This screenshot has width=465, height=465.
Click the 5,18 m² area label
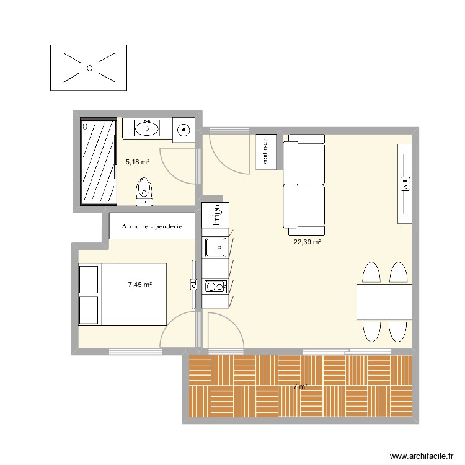[x=138, y=162]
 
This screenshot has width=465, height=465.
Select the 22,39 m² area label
[x=308, y=242]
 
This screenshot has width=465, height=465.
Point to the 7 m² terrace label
[x=300, y=387]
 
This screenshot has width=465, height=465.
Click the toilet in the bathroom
[x=144, y=190]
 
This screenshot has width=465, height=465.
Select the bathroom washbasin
[x=148, y=128]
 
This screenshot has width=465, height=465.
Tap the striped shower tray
[x=99, y=161]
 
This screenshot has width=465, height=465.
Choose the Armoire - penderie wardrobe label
[x=152, y=227]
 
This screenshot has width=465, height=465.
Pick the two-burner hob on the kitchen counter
[x=215, y=286]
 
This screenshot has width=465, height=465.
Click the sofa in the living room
[x=304, y=185]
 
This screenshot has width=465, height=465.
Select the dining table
[x=384, y=302]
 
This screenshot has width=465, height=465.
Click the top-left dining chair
[x=370, y=273]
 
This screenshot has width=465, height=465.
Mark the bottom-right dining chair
[x=397, y=332]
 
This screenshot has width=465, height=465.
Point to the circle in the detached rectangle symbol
[x=89, y=68]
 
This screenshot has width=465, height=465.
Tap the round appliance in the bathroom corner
[x=184, y=130]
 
